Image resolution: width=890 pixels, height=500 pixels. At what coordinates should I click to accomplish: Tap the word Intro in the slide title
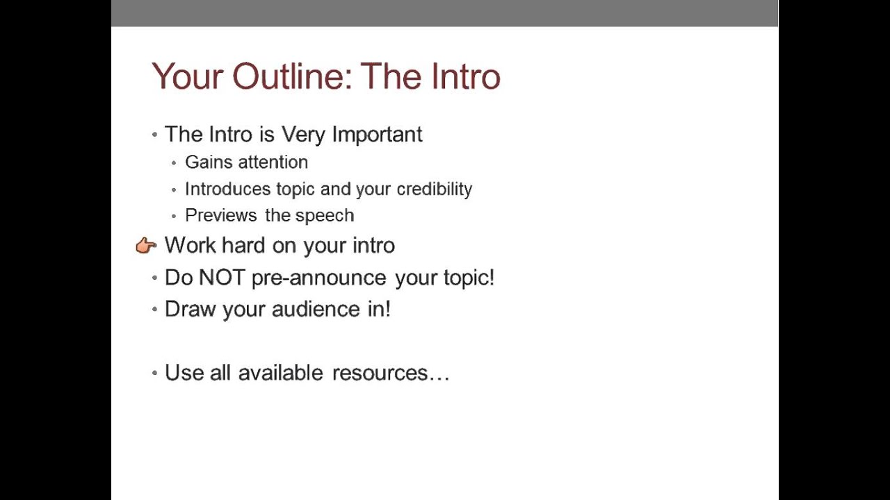point(465,76)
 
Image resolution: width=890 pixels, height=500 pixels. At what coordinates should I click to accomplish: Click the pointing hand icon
point(146,245)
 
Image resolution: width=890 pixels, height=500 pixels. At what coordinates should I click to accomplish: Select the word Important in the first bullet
point(377,134)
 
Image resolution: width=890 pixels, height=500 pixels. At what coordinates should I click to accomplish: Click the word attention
point(273,162)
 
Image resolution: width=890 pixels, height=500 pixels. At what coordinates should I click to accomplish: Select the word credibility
point(434,189)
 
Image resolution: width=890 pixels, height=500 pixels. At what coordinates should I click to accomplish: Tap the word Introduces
point(227,189)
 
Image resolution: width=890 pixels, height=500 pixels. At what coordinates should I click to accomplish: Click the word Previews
point(221,215)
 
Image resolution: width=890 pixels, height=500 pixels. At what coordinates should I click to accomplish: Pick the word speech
point(324,216)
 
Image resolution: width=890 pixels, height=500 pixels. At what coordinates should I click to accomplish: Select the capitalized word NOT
point(222,278)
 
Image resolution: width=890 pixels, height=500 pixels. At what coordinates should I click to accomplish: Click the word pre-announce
point(318,278)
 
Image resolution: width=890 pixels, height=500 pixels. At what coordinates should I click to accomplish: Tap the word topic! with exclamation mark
point(469,278)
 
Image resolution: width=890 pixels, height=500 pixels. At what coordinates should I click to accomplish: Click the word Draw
point(190,309)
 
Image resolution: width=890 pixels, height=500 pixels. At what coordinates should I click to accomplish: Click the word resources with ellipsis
point(391,373)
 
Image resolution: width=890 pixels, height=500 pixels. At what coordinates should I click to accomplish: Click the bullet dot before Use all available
point(155,373)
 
